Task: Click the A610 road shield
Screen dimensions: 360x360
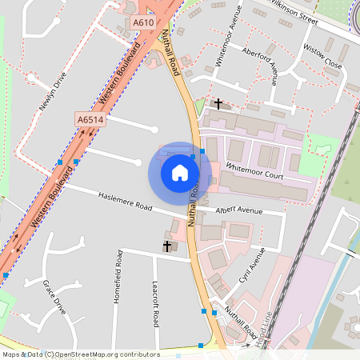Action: click(x=143, y=23)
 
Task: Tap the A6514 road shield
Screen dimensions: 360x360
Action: click(x=90, y=119)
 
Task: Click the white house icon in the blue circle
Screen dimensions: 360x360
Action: click(x=180, y=172)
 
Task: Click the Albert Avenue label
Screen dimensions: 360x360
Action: click(x=239, y=210)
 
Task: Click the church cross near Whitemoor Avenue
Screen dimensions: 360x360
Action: click(x=218, y=103)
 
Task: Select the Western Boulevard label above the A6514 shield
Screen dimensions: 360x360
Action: click(x=118, y=74)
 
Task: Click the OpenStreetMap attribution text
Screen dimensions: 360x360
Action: click(x=80, y=354)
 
